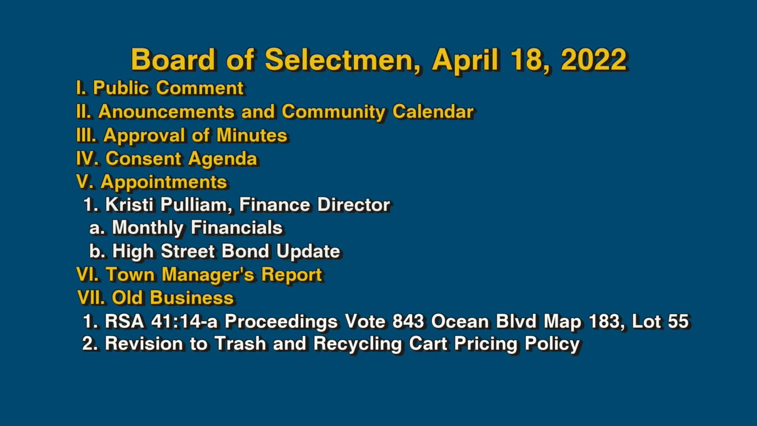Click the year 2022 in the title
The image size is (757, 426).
pos(593,60)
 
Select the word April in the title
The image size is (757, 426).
pos(465,60)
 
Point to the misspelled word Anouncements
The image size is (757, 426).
pos(166,112)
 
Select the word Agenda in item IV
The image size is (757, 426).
pos(222,159)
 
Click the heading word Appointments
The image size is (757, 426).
pos(164,182)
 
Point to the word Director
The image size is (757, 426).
pos(353,205)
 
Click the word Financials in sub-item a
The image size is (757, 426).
pos(237,228)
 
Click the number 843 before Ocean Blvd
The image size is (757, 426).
pos(408,321)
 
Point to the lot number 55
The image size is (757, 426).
pos(678,321)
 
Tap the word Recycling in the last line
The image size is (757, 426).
pos(358,344)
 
